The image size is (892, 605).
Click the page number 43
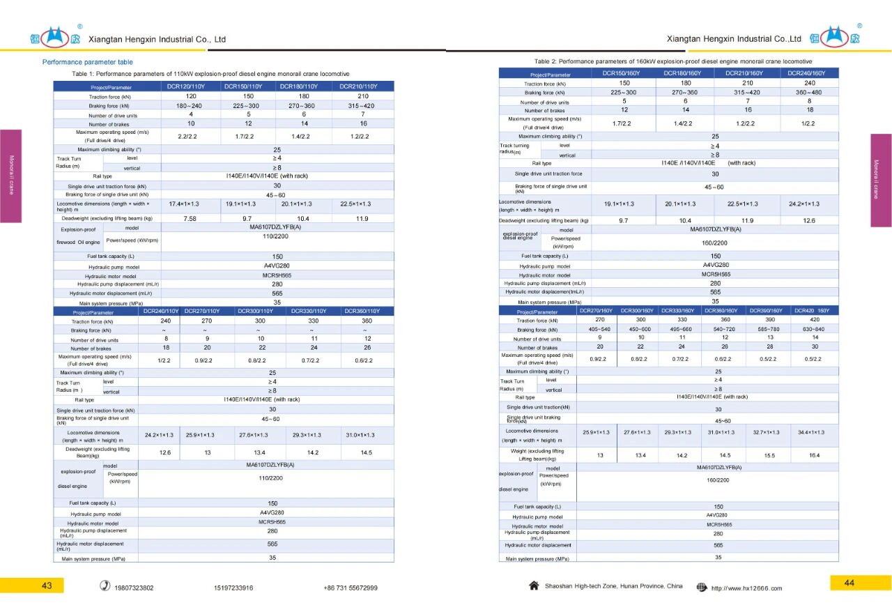[x=47, y=585]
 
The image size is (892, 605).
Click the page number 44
[x=849, y=583]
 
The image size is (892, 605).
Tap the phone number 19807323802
[x=134, y=588]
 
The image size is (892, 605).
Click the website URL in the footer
[x=746, y=588]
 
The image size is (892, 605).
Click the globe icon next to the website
[x=702, y=588]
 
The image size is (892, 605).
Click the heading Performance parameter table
[x=87, y=62]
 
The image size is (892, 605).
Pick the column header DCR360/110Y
[x=362, y=311]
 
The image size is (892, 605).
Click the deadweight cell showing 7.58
[x=190, y=218]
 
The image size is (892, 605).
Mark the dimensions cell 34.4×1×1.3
[x=811, y=432]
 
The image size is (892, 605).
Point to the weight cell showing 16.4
[x=814, y=455]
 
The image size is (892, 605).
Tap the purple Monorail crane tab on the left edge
[x=11, y=176]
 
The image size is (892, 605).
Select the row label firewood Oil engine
[x=78, y=242]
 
